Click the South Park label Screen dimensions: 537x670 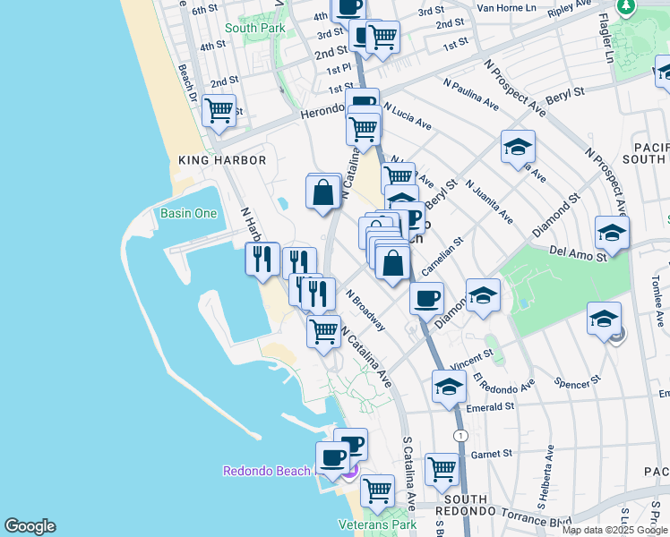pyautogui.click(x=255, y=28)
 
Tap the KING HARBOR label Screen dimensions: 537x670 pyautogui.click(x=223, y=160)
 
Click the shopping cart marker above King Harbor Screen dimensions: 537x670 pyautogui.click(x=219, y=112)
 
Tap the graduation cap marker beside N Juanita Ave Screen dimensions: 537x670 pyautogui.click(x=518, y=148)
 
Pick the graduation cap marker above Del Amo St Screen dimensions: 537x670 pyautogui.click(x=612, y=234)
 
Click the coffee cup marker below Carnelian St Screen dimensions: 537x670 pyautogui.click(x=427, y=297)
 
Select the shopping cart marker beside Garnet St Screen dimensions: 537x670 pyautogui.click(x=442, y=468)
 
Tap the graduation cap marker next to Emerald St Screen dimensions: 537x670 pyautogui.click(x=449, y=387)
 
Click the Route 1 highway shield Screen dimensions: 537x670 pyautogui.click(x=460, y=435)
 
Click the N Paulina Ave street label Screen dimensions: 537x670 pyautogui.click(x=470, y=93)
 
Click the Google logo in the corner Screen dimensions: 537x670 pyautogui.click(x=30, y=526)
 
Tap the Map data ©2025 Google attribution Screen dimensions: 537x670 pyautogui.click(x=614, y=530)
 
